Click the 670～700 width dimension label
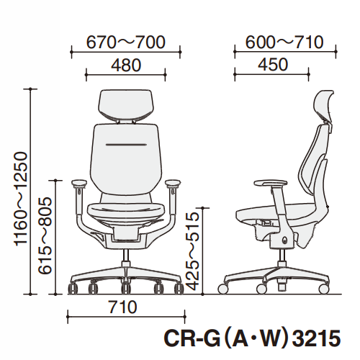click(126, 42)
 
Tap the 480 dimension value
click(126, 66)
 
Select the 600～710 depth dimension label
click(284, 42)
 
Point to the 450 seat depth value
click(273, 65)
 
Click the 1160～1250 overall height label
click(21, 199)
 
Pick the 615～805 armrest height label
click(45, 235)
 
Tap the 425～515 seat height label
click(193, 252)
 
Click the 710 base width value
click(123, 307)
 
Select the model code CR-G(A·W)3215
click(252, 338)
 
